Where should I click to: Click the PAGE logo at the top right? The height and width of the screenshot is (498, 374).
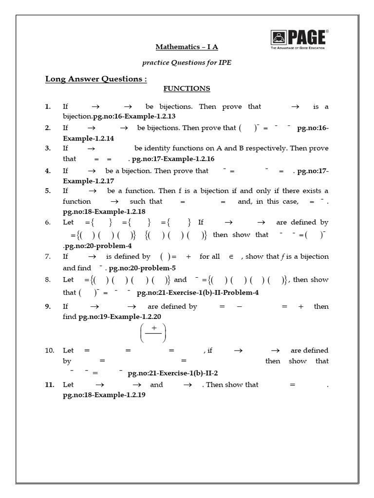(x=299, y=38)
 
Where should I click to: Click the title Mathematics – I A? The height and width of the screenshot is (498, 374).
(x=183, y=47)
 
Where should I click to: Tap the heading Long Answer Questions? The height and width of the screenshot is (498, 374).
(x=96, y=79)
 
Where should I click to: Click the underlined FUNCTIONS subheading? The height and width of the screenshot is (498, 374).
(x=187, y=89)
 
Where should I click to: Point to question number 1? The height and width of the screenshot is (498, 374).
(x=48, y=107)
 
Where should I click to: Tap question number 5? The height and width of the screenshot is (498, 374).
(x=48, y=191)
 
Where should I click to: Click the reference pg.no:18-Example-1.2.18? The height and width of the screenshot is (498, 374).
(x=104, y=212)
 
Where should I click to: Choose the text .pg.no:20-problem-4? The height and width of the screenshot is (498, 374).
(x=97, y=246)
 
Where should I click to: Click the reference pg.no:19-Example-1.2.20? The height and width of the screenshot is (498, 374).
(x=120, y=317)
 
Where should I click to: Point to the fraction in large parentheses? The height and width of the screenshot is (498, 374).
(x=153, y=333)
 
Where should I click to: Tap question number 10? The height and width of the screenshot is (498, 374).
(x=49, y=350)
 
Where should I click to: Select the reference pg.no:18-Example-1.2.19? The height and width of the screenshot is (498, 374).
(x=104, y=395)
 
